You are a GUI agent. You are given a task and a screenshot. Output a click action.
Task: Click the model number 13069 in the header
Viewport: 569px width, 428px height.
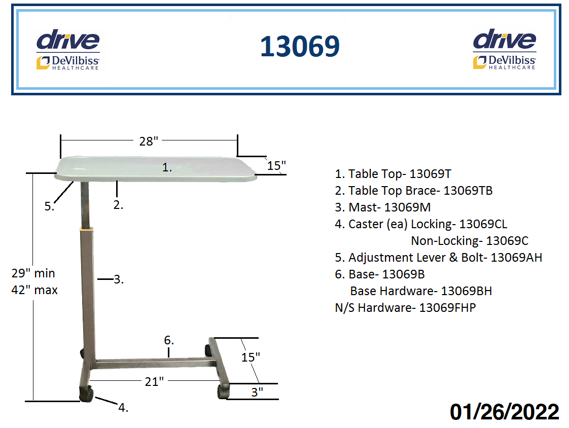[300, 47]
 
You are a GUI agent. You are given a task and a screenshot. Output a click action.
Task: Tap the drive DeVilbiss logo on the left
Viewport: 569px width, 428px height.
[68, 49]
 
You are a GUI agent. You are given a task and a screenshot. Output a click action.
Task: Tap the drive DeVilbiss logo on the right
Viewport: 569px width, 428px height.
[505, 49]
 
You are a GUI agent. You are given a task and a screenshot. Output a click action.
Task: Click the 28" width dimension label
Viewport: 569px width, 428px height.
[149, 141]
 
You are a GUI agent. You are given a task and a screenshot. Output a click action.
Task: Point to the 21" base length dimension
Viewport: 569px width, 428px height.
[154, 381]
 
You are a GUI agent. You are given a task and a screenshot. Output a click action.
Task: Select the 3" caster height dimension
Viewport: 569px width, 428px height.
[257, 392]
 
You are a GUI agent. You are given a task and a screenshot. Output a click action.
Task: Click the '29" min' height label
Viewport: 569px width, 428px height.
[33, 273]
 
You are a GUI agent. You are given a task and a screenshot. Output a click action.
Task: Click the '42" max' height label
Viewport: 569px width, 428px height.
[34, 290]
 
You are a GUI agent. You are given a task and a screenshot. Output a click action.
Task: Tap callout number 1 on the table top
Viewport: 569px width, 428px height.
[167, 167]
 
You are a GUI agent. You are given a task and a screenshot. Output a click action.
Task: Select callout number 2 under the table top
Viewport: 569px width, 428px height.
[118, 205]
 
